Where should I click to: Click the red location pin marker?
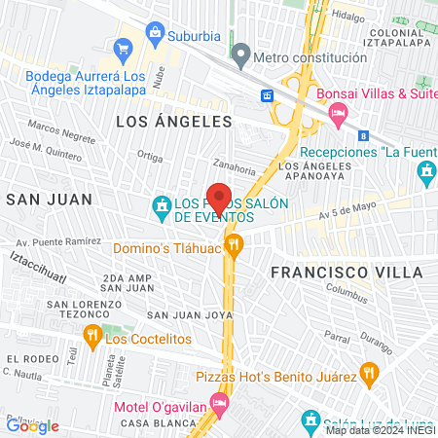pos(219,198)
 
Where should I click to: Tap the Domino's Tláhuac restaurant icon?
pos(233,244)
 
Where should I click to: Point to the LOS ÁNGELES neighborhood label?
pos(174,122)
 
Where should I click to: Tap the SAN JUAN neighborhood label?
pos(49,200)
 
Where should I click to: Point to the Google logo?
pos(32,425)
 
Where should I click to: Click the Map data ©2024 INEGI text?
pos(381,430)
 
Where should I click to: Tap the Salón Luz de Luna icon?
pos(311,420)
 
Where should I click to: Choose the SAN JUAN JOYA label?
pos(190,315)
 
